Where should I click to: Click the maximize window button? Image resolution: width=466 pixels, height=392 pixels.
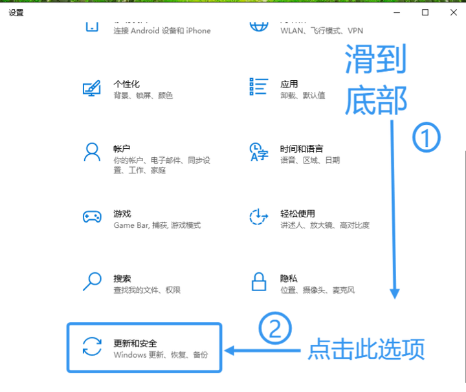(x=425, y=12)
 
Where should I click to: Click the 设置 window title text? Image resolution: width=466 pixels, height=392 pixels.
(x=16, y=13)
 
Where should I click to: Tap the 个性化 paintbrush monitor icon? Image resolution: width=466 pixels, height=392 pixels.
(x=92, y=89)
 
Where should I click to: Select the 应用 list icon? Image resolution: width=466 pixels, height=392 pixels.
(x=258, y=87)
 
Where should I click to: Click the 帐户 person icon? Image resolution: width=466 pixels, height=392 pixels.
(x=92, y=152)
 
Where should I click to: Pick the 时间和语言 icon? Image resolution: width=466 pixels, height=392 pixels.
(x=259, y=152)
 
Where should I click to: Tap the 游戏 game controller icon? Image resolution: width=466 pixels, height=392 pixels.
(x=92, y=217)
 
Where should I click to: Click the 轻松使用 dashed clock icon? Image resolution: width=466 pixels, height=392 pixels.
(x=259, y=217)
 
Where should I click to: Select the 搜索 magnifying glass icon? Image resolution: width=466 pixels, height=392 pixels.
(x=92, y=281)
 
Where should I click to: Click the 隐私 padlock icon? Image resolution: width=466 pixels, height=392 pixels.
(x=259, y=281)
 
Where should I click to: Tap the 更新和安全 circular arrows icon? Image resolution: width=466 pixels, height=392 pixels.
(x=92, y=347)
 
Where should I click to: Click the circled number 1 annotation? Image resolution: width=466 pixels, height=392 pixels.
(x=427, y=138)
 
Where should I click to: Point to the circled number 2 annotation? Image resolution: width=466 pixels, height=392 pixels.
(x=275, y=329)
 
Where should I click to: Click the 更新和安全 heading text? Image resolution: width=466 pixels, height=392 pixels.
(x=135, y=343)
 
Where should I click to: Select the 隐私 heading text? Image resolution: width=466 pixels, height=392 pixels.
(x=289, y=278)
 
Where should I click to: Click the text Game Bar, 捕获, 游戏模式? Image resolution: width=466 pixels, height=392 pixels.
(x=157, y=225)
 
